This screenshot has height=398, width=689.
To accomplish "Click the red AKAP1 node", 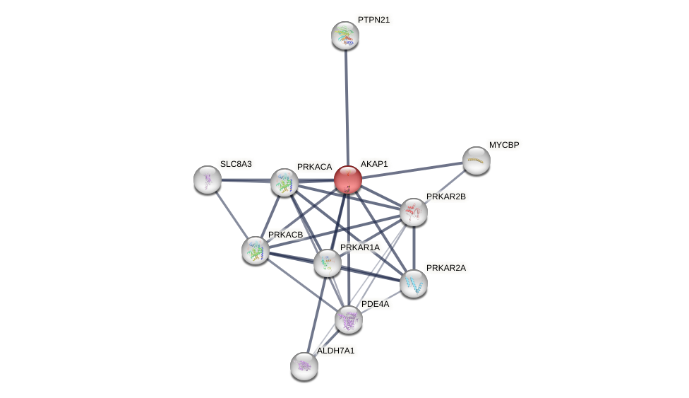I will (x=348, y=180).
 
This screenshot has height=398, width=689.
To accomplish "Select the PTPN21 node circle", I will (x=345, y=35).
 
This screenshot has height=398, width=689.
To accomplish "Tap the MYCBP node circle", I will (x=477, y=160).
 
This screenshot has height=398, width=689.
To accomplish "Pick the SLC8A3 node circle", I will (x=208, y=180).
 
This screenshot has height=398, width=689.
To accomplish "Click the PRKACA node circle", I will (x=284, y=182).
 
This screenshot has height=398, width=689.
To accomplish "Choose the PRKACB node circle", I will (x=256, y=250).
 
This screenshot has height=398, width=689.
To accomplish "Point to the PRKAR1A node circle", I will (x=328, y=263).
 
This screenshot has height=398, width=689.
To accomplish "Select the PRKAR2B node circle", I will (x=414, y=211).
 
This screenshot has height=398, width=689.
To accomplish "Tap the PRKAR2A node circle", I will (x=414, y=283).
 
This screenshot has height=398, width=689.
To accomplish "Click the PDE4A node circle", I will (x=349, y=320).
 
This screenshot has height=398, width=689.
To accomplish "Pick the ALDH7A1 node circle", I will (x=304, y=365).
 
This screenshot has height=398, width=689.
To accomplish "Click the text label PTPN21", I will (x=373, y=20).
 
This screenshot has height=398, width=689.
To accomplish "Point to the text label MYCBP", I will (x=504, y=145).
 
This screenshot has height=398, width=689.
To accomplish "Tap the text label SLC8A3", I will (x=236, y=164).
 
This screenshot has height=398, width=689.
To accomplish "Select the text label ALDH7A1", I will (x=335, y=351).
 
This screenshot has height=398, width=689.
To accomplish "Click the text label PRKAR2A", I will (x=445, y=268).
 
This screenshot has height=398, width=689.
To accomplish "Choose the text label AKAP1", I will (x=374, y=164).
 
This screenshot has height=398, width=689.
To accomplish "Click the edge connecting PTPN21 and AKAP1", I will (x=347, y=106).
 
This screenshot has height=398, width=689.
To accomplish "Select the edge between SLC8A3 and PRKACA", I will (x=246, y=181).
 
